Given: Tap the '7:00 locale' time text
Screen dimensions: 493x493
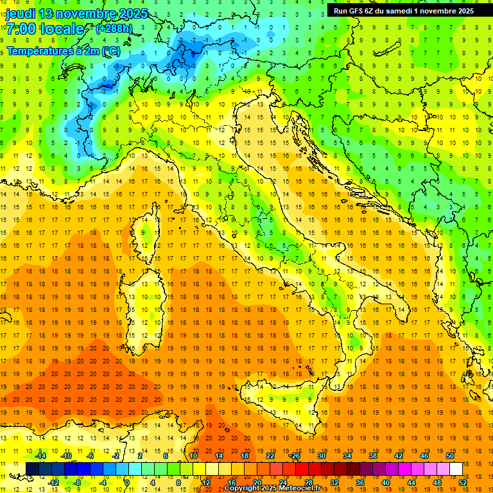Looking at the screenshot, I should (x=44, y=29).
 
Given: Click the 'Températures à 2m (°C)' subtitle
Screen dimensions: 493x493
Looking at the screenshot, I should (x=63, y=51).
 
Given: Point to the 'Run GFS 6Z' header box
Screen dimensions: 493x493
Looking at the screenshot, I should (x=403, y=10).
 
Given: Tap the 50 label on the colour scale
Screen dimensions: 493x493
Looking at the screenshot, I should (x=449, y=456).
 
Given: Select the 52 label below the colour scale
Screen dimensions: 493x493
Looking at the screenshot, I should (x=462, y=482).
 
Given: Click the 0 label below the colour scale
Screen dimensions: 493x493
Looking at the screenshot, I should (x=127, y=482).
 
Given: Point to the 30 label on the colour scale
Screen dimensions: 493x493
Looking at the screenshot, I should (x=321, y=456).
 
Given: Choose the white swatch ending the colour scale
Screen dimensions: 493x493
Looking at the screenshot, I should (x=456, y=469).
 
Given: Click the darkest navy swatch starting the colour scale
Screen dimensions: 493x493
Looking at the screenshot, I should (x=32, y=469).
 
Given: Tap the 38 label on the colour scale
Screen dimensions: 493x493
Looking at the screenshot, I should (x=372, y=456).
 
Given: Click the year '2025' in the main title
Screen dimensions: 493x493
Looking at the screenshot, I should (x=132, y=13).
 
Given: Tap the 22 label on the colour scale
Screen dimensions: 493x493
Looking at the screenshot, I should (x=270, y=456).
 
